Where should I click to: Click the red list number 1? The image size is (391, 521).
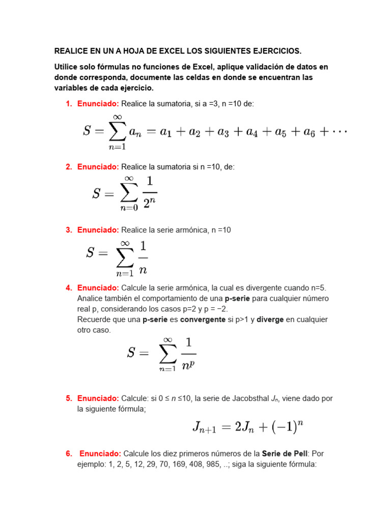pos(69,104)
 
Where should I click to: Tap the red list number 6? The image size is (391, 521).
pos(69,453)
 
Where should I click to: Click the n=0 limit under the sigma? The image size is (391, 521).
pos(129,207)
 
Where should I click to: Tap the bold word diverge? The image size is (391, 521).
pos(270,320)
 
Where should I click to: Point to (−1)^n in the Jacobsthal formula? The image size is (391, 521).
pos(287,427)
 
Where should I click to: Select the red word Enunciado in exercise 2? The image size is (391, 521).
pos(98,167)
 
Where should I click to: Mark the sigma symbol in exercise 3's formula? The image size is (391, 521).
pos(125,257)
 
